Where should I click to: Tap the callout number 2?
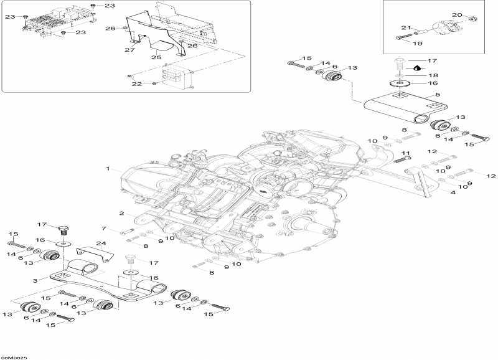coord(122,213)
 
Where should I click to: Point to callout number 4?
coord(453,192)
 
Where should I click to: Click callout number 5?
coord(437,95)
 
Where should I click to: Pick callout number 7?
coord(105,229)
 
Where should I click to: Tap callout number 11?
coord(405,153)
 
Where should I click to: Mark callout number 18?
coord(432,75)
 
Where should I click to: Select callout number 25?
coord(156,57)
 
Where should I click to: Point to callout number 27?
coord(129,49)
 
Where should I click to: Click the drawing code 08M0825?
coord(14,357)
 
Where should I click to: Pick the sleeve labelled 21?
coord(420,31)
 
